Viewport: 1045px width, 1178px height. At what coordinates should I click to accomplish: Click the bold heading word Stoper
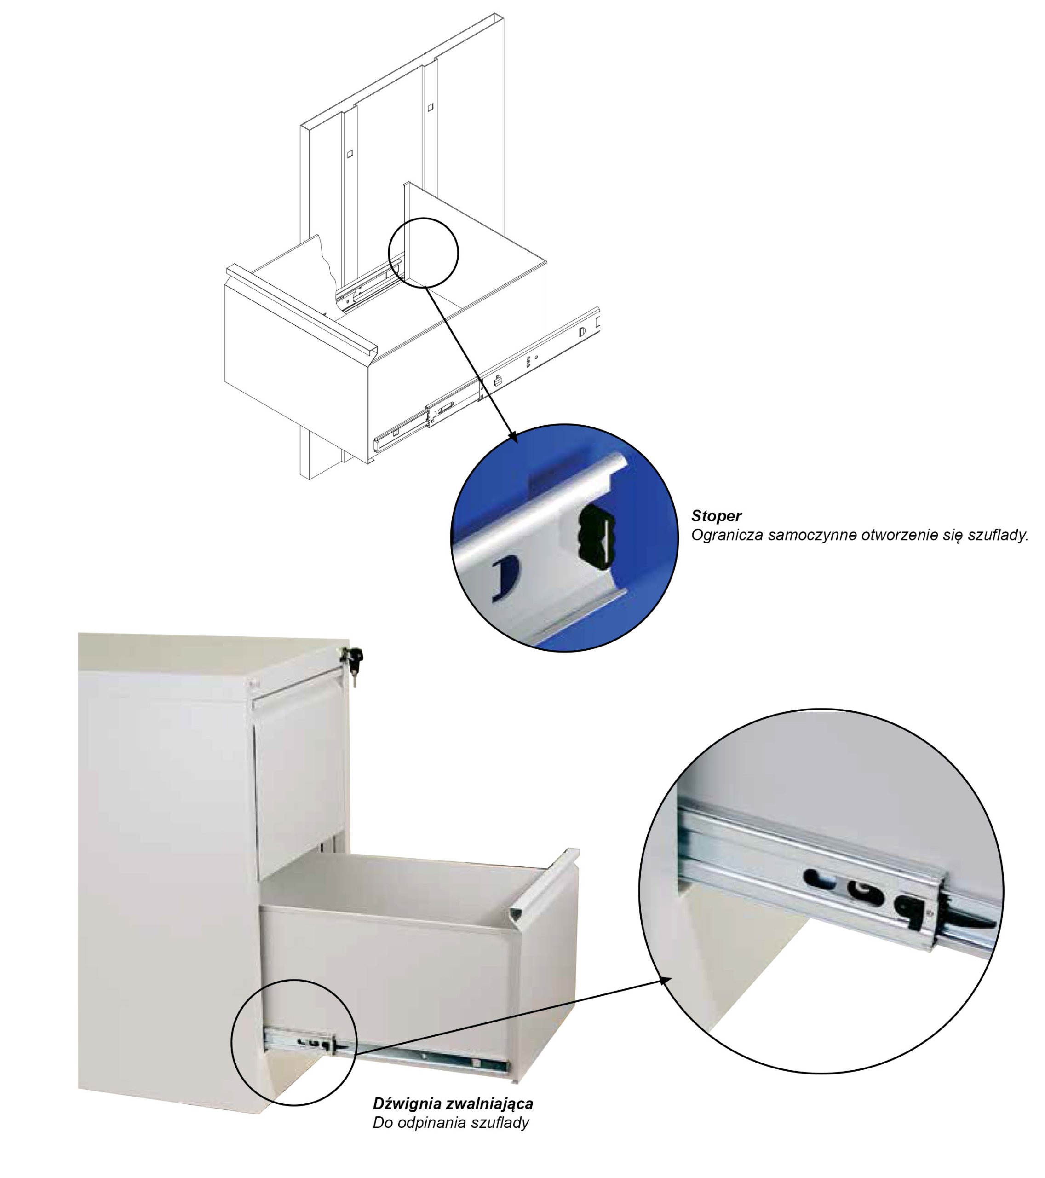click(x=716, y=516)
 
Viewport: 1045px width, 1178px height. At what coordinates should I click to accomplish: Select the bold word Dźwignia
click(x=408, y=1103)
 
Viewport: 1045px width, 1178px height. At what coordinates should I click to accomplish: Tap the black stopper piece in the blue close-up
click(x=594, y=534)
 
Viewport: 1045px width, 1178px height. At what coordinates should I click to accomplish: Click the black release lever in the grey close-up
click(x=970, y=924)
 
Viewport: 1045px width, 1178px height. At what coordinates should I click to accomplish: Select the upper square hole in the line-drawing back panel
click(x=430, y=107)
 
